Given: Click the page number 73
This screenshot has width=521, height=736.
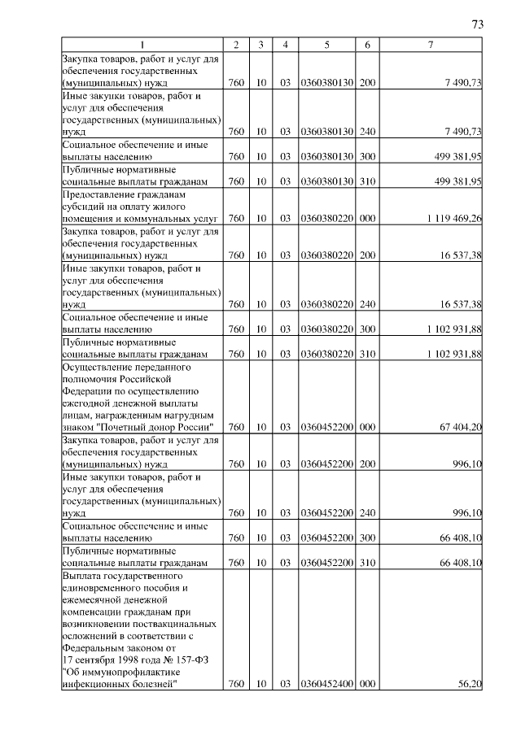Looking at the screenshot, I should tap(478, 24).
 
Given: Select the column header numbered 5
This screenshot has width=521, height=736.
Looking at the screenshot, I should tap(326, 44).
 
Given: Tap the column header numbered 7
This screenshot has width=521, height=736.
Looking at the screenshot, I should tap(431, 44).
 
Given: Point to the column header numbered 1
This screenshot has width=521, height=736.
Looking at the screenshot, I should tap(142, 44).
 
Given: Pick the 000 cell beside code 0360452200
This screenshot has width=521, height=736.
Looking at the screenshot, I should tap(367, 427).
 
